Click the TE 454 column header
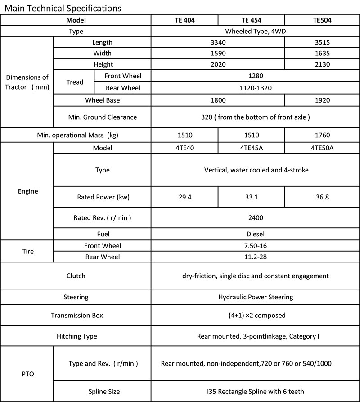click(x=251, y=20)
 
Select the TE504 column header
click(x=322, y=20)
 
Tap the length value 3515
click(x=322, y=43)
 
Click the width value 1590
click(x=218, y=54)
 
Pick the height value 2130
click(x=322, y=64)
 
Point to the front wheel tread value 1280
click(x=255, y=76)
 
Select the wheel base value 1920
click(x=322, y=100)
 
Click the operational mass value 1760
click(x=322, y=135)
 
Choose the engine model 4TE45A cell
click(x=251, y=148)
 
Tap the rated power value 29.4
click(x=184, y=197)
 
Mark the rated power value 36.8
click(x=322, y=197)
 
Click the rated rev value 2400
click(x=255, y=217)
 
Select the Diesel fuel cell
click(x=255, y=234)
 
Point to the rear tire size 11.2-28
click(x=255, y=257)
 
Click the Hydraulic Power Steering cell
click(x=255, y=297)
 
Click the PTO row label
click(x=27, y=373)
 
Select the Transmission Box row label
click(x=77, y=316)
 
